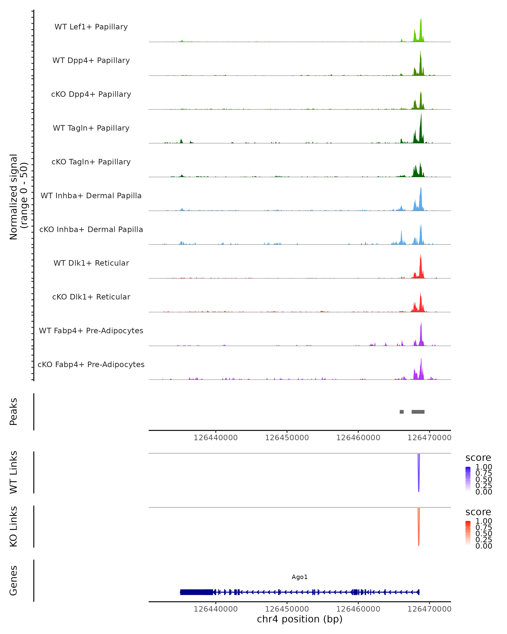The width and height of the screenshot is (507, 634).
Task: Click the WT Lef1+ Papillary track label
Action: [x=91, y=27]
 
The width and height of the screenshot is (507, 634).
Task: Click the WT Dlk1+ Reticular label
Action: [x=91, y=263]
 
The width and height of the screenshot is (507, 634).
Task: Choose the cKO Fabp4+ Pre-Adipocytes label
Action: [x=91, y=364]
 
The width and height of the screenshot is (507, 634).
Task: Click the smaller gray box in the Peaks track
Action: [x=402, y=412]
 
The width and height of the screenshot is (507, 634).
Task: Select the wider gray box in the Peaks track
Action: [x=418, y=412]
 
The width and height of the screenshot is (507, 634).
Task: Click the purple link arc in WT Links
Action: [x=418, y=479]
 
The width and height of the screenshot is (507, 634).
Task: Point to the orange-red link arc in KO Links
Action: [x=418, y=534]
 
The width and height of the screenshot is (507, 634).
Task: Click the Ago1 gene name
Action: [x=300, y=577]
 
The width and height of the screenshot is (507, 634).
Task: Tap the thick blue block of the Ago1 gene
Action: [x=196, y=592]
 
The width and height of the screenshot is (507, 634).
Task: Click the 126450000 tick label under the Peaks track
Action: [x=287, y=438]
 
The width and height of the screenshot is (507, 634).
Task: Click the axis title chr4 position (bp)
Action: [x=300, y=619]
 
